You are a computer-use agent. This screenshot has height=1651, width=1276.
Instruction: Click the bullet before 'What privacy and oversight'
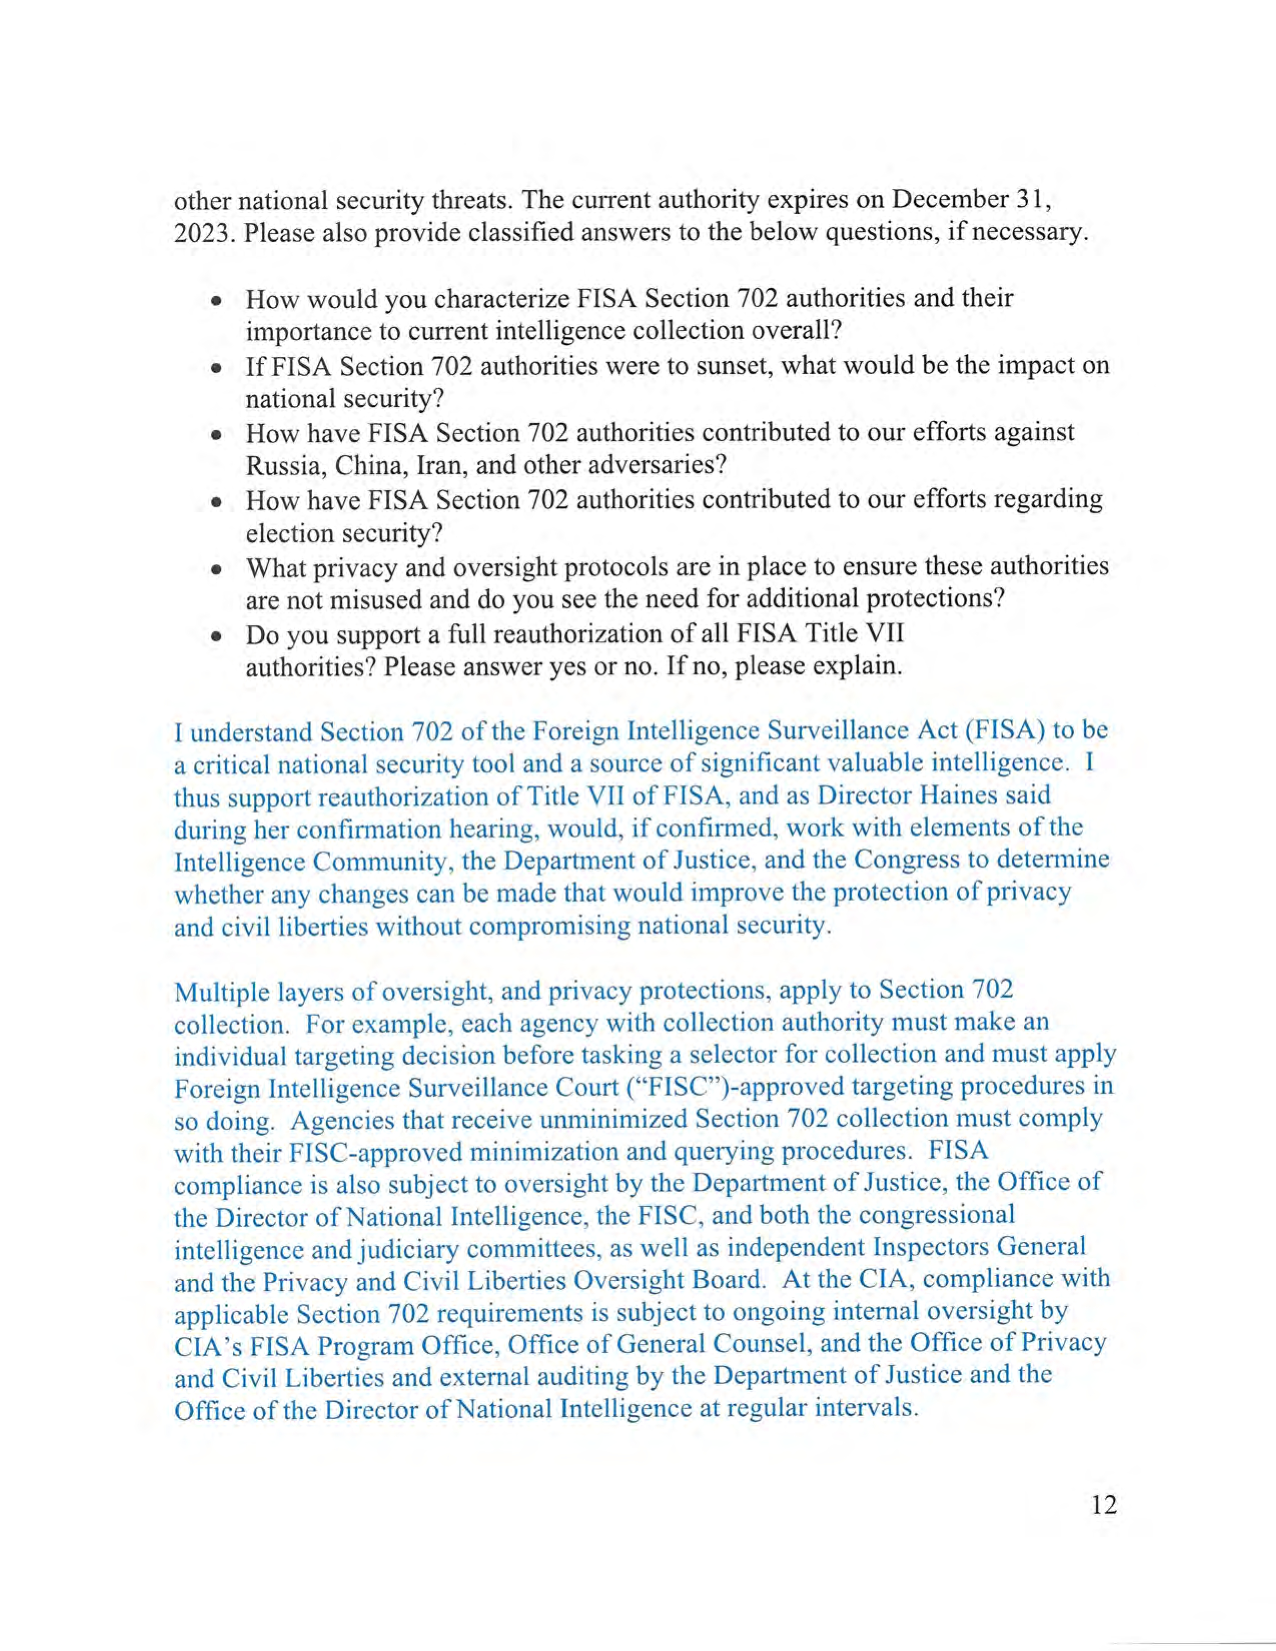(217, 569)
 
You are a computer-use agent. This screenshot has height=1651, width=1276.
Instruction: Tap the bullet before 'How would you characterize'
(217, 301)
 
